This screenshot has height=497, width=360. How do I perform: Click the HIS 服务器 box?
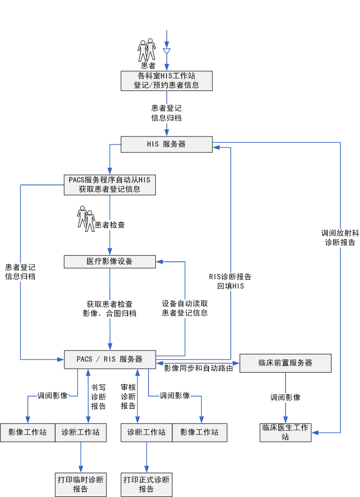pyautogui.click(x=166, y=144)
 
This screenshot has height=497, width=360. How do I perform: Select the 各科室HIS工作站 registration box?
pyautogui.click(x=166, y=80)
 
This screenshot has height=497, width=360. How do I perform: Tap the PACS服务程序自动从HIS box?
pyautogui.click(x=110, y=184)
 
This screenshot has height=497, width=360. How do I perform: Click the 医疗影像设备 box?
pyautogui.click(x=110, y=261)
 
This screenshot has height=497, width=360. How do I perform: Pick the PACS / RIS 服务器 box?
pyautogui.click(x=110, y=359)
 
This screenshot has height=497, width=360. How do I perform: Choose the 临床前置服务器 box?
pyautogui.click(x=285, y=363)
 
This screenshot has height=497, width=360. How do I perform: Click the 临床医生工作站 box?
pyautogui.click(x=285, y=432)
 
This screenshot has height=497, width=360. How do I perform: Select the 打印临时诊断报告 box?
pyautogui.click(x=81, y=484)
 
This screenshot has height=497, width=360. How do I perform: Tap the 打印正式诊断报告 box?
pyautogui.click(x=147, y=484)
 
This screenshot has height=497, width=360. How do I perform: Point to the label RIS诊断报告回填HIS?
pyautogui.click(x=230, y=281)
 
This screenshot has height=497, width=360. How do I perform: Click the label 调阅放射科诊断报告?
pyautogui.click(x=341, y=237)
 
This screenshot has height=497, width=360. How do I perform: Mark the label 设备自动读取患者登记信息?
pyautogui.click(x=185, y=308)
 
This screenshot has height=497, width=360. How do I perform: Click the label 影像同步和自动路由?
pyautogui.click(x=199, y=368)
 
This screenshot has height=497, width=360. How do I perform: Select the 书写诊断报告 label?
pyautogui.click(x=99, y=397)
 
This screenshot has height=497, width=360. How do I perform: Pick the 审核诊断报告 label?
pyautogui.click(x=128, y=397)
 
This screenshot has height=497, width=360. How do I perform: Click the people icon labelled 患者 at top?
pyautogui.click(x=147, y=50)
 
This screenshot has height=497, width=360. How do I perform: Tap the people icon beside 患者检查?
pyautogui.click(x=86, y=218)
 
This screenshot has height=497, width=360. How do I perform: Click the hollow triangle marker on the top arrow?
pyautogui.click(x=166, y=51)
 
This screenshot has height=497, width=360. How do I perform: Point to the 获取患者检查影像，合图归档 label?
pyautogui.click(x=110, y=308)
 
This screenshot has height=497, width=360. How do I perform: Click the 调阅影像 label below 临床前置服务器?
pyautogui.click(x=285, y=397)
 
